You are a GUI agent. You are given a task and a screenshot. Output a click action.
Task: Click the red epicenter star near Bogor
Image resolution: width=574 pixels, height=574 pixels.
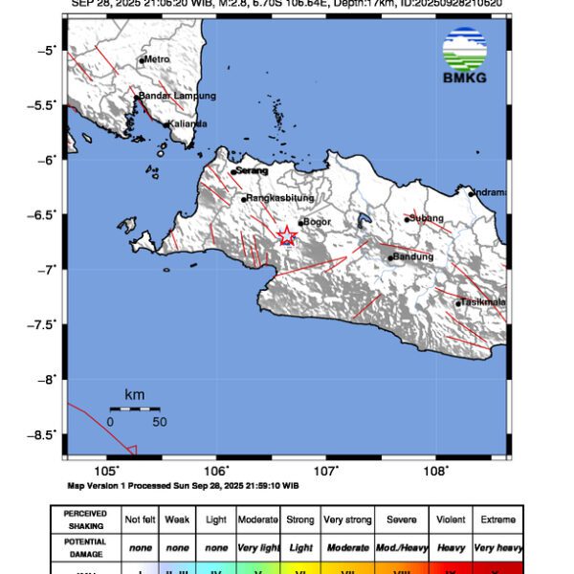click(x=286, y=235)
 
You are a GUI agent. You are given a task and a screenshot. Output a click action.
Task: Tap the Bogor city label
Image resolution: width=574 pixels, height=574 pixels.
click(x=316, y=222)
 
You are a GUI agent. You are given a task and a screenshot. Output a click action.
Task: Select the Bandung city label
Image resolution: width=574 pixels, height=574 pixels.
click(x=413, y=256)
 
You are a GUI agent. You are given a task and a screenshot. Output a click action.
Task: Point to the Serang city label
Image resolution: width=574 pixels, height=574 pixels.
click(x=251, y=170)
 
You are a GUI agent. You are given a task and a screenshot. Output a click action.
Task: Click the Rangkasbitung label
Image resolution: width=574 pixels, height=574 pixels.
click(x=280, y=198)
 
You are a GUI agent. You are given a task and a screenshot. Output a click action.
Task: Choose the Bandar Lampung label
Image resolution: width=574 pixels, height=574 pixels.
click(x=177, y=96)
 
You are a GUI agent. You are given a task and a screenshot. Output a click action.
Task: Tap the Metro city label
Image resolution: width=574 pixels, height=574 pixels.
click(x=156, y=59)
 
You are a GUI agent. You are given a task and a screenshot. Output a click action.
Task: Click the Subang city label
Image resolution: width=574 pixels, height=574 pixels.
click(x=427, y=218)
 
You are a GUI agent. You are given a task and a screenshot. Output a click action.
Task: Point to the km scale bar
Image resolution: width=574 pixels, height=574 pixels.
click(x=134, y=408)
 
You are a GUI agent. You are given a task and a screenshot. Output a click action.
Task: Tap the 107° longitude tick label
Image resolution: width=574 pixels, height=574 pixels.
click(x=326, y=471)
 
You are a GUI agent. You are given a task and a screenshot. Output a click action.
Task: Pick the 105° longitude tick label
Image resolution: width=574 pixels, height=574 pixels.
click(x=107, y=471)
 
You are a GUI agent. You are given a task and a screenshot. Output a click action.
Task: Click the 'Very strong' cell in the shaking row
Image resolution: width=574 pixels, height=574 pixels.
click(x=347, y=519)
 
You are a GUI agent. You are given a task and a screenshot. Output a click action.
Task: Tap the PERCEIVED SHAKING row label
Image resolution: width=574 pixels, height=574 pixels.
click(x=85, y=519)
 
